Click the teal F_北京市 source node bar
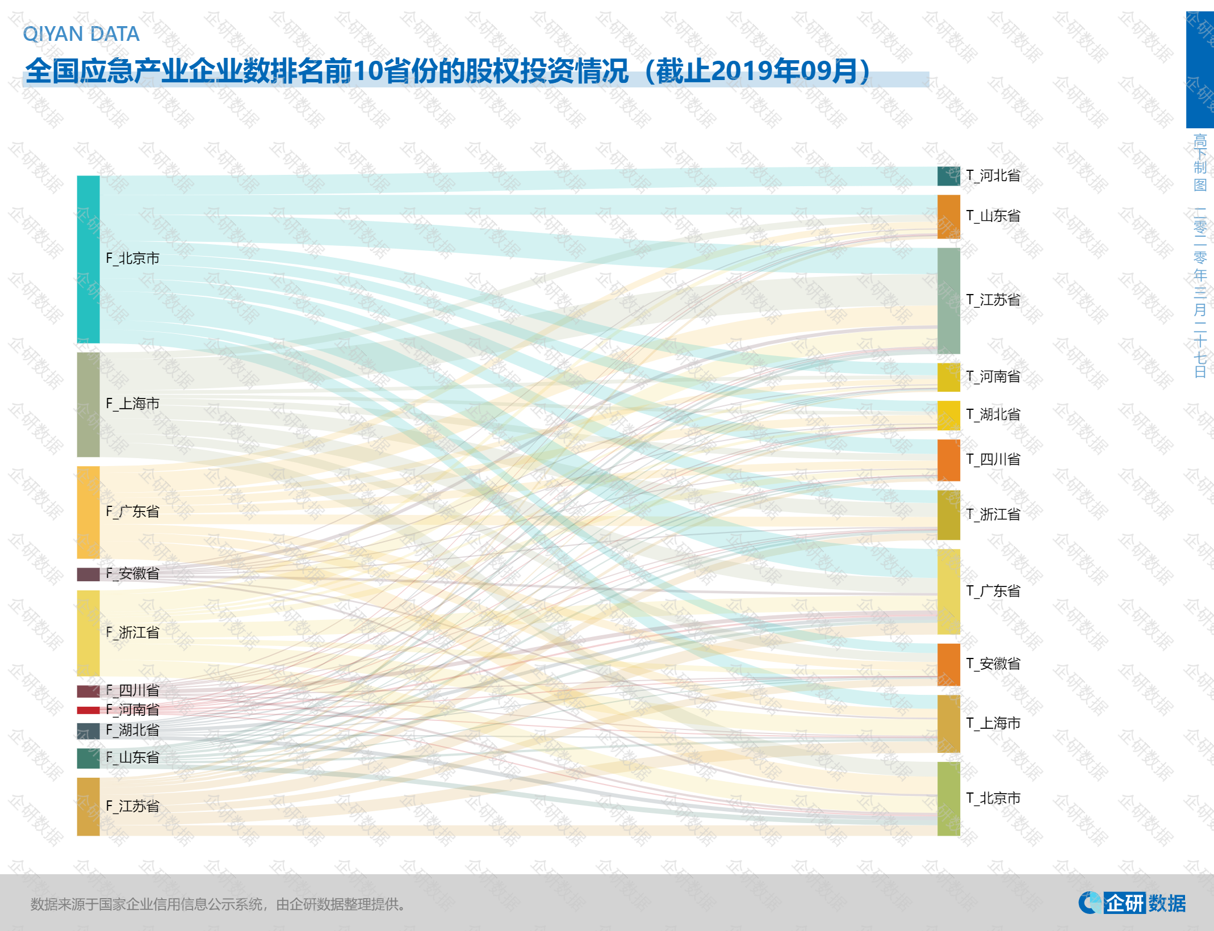point(88,259)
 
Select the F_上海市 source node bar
point(88,404)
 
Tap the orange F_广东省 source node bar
point(88,512)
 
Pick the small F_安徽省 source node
point(88,574)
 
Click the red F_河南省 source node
point(88,710)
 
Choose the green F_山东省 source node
point(88,758)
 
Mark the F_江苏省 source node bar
point(88,806)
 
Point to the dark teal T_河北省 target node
point(948,176)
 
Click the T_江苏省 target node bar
point(948,300)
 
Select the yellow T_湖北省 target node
point(948,415)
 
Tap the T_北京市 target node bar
point(948,798)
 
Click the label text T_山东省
point(993,216)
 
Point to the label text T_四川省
point(993,459)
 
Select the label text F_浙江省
point(132,632)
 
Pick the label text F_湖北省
point(132,730)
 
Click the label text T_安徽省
point(993,664)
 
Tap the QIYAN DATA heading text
point(81,34)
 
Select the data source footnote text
point(219,904)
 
